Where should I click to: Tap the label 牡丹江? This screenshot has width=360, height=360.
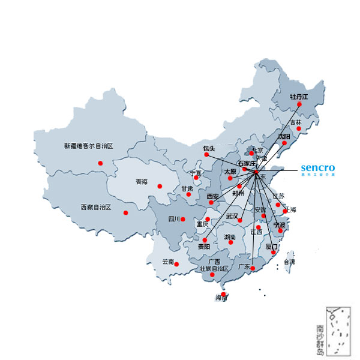coord(298,97)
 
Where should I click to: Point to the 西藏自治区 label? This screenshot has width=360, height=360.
coord(96,207)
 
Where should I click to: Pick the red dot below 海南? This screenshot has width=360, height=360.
coord(223,293)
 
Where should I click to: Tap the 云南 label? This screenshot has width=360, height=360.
coord(168,262)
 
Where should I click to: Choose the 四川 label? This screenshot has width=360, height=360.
coord(175,219)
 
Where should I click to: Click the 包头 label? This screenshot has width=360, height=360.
coord(209,148)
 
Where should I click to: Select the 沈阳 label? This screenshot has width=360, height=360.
coord(283,137)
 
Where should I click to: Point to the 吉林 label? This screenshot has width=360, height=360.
coord(296,122)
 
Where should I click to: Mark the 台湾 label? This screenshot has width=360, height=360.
coord(289,262)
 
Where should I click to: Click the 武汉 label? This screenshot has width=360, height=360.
coord(232,215)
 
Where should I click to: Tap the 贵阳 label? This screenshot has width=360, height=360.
coord(204,247)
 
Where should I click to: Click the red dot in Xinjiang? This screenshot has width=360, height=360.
coord(100,163)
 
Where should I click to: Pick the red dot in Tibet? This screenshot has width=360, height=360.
coord(125,212)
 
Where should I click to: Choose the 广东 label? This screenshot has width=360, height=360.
coord(244,265)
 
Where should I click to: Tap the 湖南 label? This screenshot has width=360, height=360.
coord(230,237)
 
